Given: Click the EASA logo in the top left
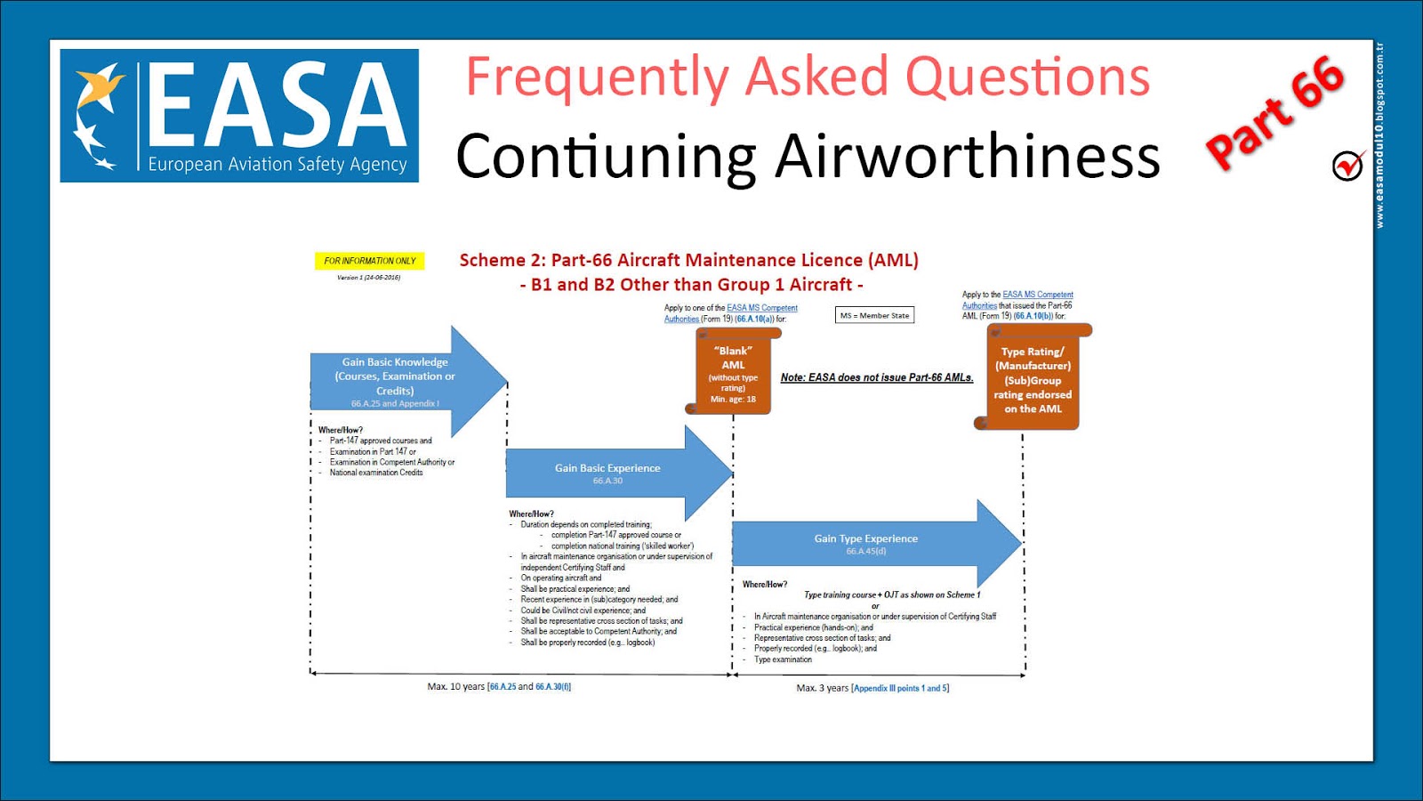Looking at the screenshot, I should [238, 116].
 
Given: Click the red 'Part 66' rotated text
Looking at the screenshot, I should [1274, 112].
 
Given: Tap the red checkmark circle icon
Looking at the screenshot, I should [1348, 165].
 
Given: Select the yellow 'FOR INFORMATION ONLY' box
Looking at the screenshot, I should [369, 261].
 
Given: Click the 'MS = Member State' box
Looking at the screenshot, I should [875, 315].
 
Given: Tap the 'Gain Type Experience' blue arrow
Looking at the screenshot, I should [866, 543].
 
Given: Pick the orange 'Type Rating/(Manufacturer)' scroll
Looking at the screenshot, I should [1033, 380].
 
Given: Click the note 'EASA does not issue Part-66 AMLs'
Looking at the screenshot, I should [877, 377].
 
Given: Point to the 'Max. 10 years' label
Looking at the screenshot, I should [455, 687].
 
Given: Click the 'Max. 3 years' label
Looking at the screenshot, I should [823, 688].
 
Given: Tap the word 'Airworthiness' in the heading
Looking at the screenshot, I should [967, 157].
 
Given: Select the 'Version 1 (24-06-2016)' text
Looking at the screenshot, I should [368, 278].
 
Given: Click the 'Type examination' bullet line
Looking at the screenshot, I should [783, 659].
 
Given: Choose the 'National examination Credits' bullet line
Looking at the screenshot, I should [376, 473].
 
